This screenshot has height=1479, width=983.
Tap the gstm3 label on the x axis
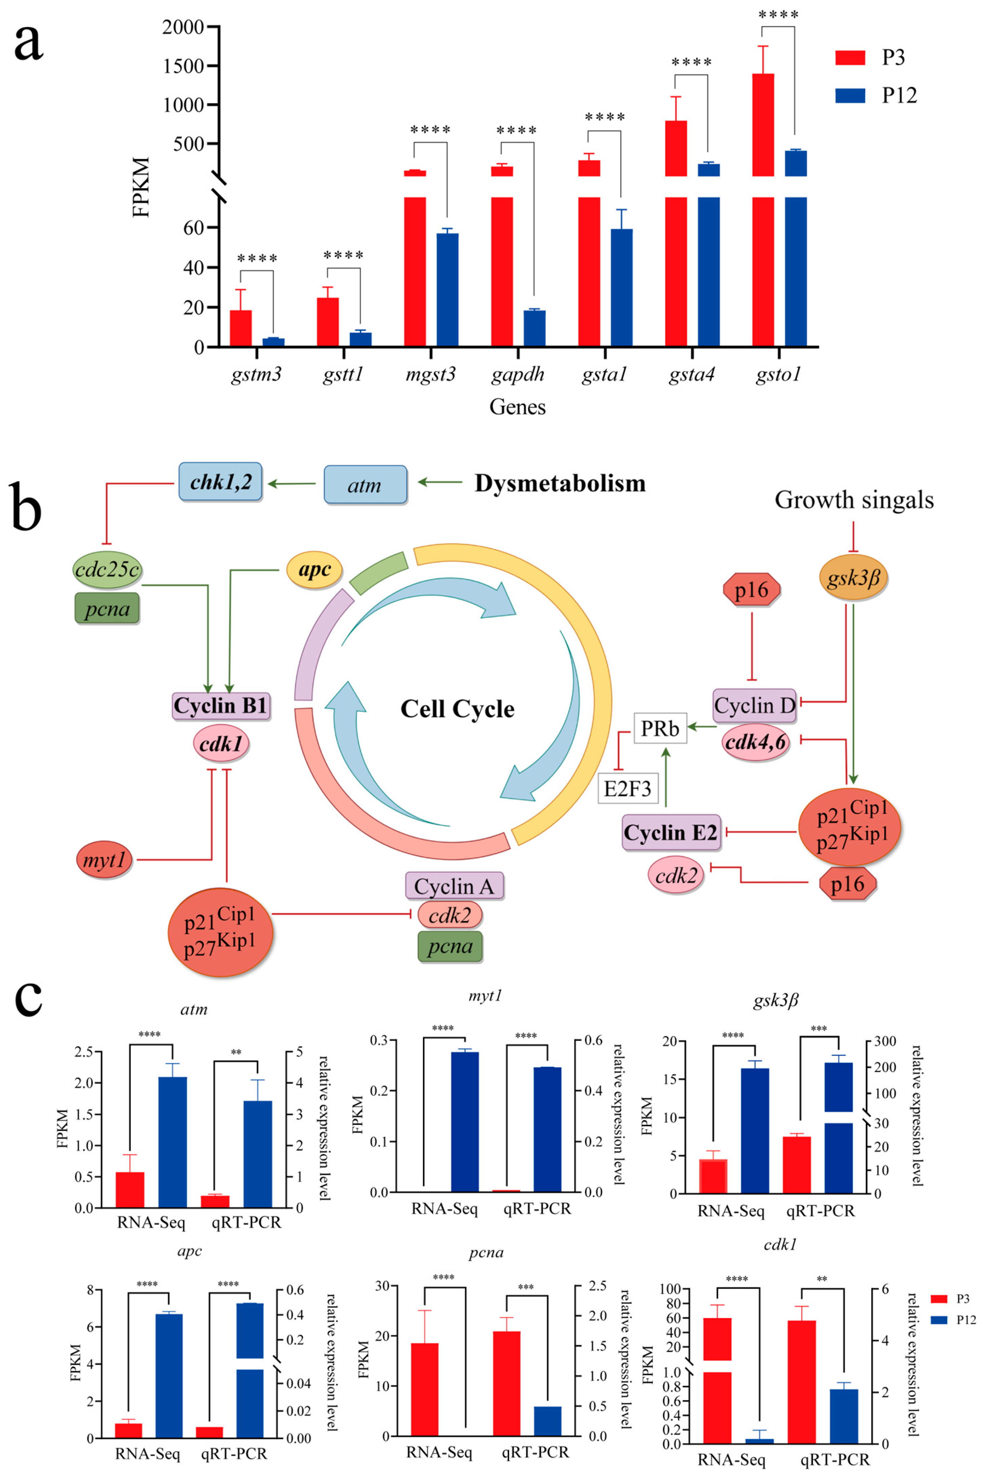point(256,375)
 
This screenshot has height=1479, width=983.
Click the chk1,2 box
point(220,481)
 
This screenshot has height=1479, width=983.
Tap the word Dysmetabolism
point(560,483)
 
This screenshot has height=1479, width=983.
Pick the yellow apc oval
point(314,570)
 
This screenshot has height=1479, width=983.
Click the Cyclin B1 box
point(221,705)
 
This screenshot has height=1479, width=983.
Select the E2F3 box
point(628,788)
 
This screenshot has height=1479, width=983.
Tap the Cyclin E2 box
point(670,832)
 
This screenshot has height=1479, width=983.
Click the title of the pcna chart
point(486,1253)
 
